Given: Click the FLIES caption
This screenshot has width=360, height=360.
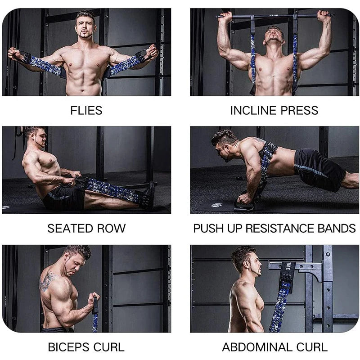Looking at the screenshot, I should pos(86,110).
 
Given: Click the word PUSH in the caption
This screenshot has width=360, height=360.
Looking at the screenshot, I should pos(208,228).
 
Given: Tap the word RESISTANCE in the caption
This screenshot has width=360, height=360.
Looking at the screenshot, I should pos(277,228).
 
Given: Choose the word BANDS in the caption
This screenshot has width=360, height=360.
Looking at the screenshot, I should pos(337,228).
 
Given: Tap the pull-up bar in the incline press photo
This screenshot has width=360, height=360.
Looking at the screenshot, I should pos(274,16).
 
